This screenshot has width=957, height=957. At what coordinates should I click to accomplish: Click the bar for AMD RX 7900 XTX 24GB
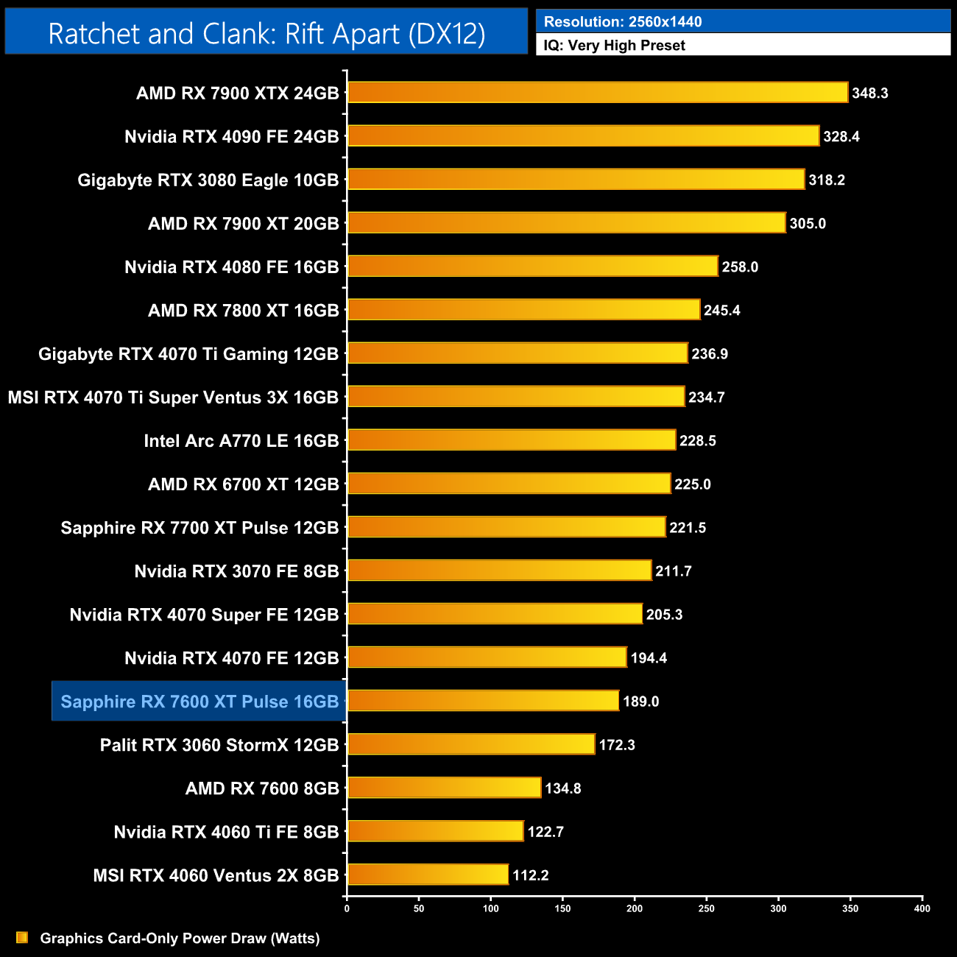point(597,93)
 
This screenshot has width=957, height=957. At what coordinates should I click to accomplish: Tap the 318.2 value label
point(826,180)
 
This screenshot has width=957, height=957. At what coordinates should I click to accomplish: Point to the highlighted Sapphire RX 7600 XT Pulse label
point(199,702)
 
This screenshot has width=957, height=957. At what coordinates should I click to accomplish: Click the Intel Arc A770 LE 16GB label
point(241,441)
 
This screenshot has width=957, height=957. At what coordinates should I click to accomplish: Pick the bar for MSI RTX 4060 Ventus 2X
point(428,875)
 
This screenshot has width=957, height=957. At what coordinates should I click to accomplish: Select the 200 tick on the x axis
point(635,908)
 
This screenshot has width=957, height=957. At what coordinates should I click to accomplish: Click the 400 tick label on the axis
point(922,908)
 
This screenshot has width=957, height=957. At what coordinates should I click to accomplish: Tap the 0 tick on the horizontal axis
point(347,908)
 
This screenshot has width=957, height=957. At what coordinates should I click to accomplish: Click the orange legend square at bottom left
point(22,938)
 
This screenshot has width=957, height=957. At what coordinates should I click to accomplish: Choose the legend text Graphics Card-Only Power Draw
point(180,939)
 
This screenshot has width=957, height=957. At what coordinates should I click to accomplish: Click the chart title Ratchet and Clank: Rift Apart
point(266,34)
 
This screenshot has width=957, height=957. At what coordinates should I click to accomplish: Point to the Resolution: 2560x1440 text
point(623,22)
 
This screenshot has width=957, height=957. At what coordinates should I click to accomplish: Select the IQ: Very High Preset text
point(614,46)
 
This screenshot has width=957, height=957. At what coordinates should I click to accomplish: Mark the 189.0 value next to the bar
point(640,702)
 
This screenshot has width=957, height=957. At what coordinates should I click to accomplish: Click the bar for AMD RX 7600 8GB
point(444,788)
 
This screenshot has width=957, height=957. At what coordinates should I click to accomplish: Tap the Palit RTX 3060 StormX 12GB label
point(219,745)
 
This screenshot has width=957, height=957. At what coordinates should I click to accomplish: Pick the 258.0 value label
point(740,267)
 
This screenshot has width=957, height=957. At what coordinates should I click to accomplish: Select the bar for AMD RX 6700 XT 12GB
point(509,484)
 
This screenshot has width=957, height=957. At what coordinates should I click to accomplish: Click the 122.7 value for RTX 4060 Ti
point(545,832)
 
